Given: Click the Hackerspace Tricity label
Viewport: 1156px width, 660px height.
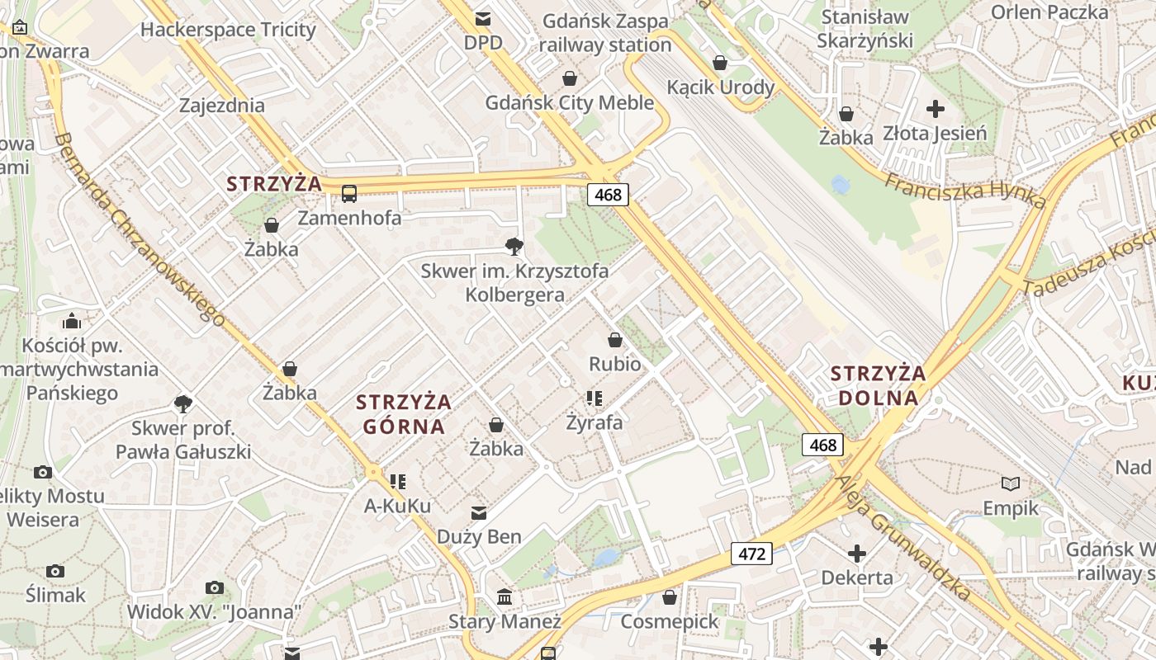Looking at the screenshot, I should pos(228,30).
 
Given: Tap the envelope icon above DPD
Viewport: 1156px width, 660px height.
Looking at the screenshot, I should pos(482,18).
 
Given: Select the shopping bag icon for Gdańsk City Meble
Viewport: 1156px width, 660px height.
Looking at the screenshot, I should pos(569,78).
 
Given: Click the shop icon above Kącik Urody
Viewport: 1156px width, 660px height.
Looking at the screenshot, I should pos(720,63).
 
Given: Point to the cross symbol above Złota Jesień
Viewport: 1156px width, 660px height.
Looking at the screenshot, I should pos(935,108).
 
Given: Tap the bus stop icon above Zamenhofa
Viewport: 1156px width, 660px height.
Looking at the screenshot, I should pos(349,194).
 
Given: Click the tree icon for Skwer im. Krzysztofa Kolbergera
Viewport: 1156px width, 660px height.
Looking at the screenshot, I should pos(514,245).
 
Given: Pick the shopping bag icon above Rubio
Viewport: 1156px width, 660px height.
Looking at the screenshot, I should pos(614,339).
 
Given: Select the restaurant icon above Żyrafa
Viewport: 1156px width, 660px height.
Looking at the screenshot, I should pos(594,398).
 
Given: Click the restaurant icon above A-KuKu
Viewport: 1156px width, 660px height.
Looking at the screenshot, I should pos(398,481).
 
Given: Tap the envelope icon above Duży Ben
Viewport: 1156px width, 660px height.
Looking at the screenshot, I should pos(478,513).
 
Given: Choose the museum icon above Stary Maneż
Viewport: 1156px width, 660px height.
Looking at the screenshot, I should pos(504,596).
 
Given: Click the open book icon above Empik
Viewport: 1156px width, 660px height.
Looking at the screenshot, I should pos(1010,483).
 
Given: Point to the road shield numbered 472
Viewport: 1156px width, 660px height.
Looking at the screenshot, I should pos(751,554).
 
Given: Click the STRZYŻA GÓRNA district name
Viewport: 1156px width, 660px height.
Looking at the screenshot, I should pos(404,414).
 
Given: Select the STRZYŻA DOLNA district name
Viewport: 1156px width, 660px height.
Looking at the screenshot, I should pos(878,385).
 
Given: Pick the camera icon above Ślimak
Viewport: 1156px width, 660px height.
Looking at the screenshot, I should pos(55,571).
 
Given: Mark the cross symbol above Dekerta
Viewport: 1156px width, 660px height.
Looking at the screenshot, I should pos(857,553).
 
